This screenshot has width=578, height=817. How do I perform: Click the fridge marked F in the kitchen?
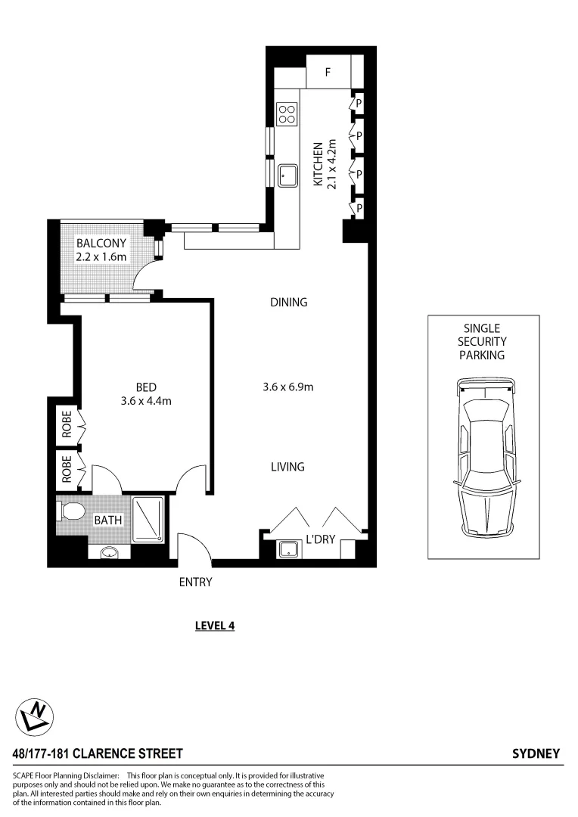(328, 73)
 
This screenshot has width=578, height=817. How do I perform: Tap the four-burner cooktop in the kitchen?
(287, 114)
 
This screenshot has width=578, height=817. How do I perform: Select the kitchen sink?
(287, 176)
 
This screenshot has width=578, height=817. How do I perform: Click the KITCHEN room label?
(319, 164)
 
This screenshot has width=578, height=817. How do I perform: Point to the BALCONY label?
(101, 244)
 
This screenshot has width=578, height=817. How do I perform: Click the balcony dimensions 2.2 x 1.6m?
(101, 257)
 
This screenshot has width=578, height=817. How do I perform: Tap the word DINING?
(288, 303)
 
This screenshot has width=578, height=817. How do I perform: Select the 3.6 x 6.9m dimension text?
(287, 387)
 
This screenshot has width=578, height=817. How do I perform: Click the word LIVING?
(287, 467)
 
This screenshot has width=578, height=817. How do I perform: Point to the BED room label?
(146, 387)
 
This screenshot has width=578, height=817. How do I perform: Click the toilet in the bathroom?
(71, 512)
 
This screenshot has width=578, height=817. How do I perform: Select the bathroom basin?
(109, 553)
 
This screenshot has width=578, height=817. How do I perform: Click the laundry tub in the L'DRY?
(287, 549)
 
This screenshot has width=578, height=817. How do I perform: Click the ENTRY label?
(195, 582)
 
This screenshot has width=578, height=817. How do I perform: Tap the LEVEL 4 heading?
(215, 626)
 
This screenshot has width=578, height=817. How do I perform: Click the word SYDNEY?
(536, 753)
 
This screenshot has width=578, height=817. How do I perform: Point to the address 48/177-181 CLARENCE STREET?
(98, 753)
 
